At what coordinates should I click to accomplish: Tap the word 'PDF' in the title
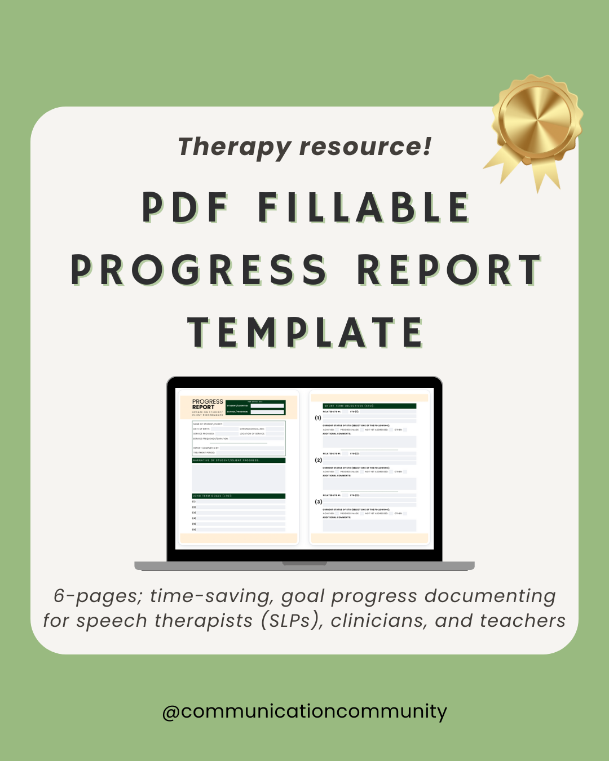186,207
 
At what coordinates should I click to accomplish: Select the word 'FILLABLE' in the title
364,207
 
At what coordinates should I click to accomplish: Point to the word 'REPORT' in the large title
449,270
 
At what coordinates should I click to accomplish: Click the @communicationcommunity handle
304,711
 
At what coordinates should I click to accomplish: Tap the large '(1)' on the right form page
318,418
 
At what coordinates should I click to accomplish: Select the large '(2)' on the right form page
319,460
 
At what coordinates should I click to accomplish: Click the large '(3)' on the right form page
319,502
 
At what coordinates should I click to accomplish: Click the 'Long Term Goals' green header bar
239,496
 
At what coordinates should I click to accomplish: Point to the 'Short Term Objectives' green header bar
369,406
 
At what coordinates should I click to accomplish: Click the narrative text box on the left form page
239,477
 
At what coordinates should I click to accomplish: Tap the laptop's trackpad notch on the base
304,563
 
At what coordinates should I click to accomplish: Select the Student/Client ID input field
267,405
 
